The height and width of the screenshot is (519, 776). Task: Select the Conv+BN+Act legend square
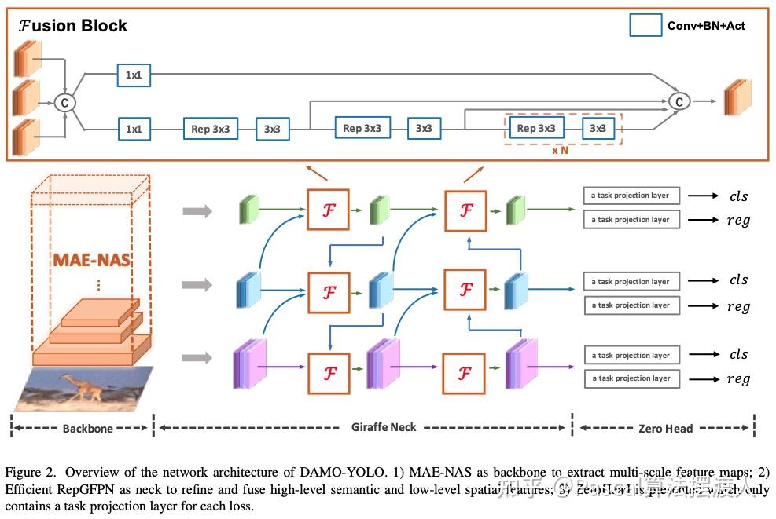tap(645, 25)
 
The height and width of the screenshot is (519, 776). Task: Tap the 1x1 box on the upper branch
tap(134, 75)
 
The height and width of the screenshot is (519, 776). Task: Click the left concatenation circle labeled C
tap(65, 101)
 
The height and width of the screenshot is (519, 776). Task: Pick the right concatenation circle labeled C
tap(679, 101)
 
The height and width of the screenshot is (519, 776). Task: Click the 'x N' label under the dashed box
tap(560, 150)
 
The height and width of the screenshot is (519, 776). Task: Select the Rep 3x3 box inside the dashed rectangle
tap(536, 128)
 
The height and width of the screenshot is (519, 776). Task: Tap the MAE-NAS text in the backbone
tap(91, 259)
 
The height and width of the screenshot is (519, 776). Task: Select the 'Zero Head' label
tap(665, 429)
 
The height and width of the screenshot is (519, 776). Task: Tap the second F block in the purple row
tap(465, 373)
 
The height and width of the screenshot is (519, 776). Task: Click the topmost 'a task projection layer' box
tap(631, 196)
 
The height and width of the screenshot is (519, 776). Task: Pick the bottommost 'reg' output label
tap(737, 379)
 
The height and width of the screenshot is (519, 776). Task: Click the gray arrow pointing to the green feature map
tap(197, 210)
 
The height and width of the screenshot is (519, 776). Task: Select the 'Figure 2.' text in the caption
tap(31, 473)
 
